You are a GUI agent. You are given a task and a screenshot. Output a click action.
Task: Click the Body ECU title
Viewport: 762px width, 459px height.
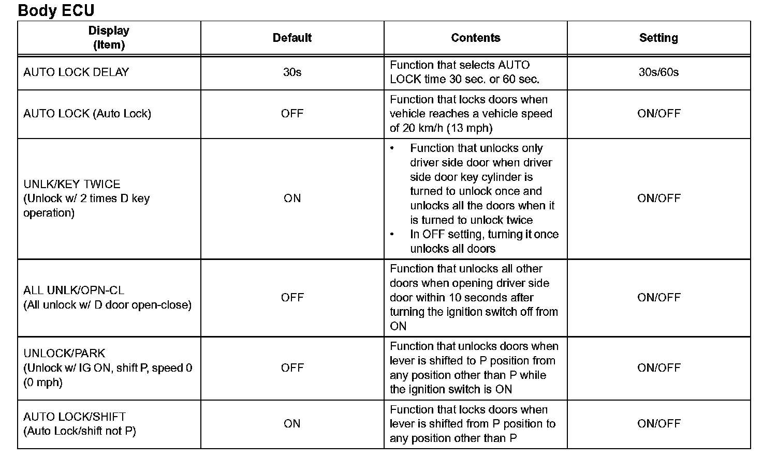[x=56, y=10]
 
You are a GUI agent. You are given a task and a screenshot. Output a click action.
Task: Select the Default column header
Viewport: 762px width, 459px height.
[x=292, y=38]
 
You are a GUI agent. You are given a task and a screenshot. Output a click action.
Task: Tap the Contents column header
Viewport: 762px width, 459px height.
[x=475, y=38]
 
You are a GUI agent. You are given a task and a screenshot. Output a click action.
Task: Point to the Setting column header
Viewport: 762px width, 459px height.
[x=658, y=38]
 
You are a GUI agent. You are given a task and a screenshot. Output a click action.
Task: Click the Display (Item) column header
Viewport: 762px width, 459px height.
[x=109, y=38]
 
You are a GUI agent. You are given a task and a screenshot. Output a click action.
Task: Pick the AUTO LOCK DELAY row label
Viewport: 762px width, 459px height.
[x=76, y=72]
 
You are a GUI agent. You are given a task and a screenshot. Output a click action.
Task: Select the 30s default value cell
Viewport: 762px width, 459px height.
[x=292, y=72]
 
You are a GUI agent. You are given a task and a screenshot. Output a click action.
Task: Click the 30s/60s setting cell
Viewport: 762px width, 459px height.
[x=658, y=72]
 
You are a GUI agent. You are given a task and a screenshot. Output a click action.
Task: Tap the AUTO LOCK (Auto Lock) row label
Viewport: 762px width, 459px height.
[x=87, y=114]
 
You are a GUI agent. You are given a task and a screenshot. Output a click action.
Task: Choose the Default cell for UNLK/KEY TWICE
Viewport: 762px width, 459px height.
[x=292, y=198]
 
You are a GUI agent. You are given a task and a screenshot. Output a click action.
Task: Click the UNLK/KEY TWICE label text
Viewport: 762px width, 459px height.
[x=72, y=184]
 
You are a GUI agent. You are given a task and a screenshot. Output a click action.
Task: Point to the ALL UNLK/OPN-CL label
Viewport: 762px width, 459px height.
[x=74, y=290]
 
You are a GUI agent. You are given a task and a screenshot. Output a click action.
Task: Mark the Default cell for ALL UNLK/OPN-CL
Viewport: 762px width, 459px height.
[x=292, y=298]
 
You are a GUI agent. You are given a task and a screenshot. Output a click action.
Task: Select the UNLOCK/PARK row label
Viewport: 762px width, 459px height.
[x=64, y=354]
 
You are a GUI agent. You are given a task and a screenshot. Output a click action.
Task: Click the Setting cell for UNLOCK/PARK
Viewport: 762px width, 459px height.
[x=658, y=368]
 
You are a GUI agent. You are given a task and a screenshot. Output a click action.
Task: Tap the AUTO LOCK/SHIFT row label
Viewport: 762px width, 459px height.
[x=75, y=417]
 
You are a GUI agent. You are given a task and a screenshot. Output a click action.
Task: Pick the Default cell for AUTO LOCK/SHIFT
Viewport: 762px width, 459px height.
[x=292, y=424]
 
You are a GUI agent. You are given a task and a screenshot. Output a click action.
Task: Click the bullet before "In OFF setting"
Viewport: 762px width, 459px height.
[x=392, y=235]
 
